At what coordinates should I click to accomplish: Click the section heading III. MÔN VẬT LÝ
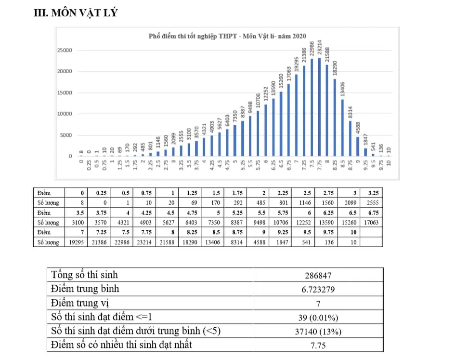tap(75, 13)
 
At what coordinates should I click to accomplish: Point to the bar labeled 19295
tap(296, 115)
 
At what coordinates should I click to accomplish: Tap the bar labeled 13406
tap(342, 128)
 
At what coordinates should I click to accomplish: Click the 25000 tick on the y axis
tap(65, 50)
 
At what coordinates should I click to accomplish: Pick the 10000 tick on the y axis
tap(65, 114)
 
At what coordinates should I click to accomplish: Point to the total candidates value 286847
tap(318, 276)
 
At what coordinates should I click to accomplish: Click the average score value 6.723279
tap(318, 290)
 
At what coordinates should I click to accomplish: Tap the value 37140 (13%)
tap(318, 331)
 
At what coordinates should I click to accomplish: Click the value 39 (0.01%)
tap(318, 317)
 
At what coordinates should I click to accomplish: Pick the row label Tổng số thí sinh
tap(84, 275)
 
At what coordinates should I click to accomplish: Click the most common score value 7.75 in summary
tap(318, 345)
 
